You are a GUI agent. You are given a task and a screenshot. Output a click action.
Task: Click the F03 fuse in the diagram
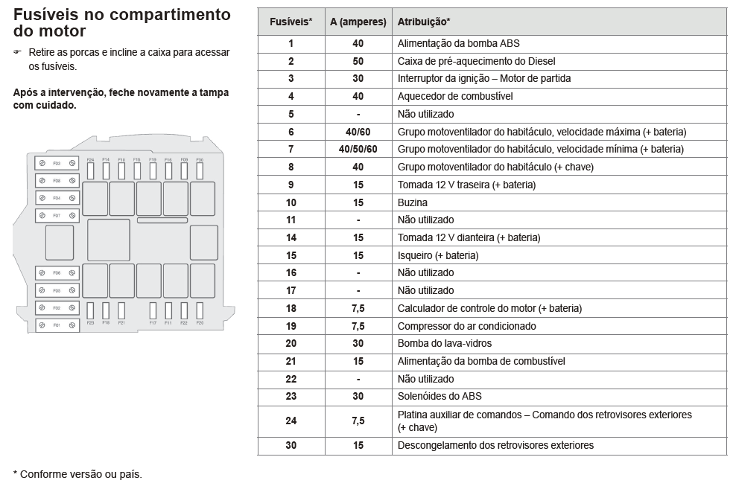pyautogui.click(x=57, y=162)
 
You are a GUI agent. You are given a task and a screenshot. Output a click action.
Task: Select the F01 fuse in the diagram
pyautogui.click(x=57, y=326)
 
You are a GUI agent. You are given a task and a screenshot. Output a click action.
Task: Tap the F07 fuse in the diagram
pyautogui.click(x=57, y=216)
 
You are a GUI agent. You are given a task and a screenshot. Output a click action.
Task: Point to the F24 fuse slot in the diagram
pyautogui.click(x=91, y=170)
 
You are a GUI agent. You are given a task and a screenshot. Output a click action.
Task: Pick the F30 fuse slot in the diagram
pyautogui.click(x=200, y=170)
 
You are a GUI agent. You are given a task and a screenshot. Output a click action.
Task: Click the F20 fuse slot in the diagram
pyautogui.click(x=200, y=310)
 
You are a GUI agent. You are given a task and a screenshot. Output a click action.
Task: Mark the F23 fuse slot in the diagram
pyautogui.click(x=91, y=310)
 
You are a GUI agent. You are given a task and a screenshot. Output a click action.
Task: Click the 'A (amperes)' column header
pyautogui.click(x=358, y=22)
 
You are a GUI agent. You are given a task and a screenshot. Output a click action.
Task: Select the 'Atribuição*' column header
pyautogui.click(x=423, y=22)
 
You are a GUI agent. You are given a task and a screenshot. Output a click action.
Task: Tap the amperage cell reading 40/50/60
pyautogui.click(x=358, y=149)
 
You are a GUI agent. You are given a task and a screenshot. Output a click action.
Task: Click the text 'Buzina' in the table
pyautogui.click(x=413, y=202)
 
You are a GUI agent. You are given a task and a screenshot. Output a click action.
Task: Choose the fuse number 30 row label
pyautogui.click(x=291, y=445)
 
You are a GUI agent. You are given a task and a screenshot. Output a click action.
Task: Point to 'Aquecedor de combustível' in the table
pyautogui.click(x=455, y=96)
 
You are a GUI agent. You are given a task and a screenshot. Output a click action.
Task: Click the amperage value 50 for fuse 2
pyautogui.click(x=358, y=61)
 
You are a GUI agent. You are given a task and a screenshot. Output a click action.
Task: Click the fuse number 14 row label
pyautogui.click(x=291, y=237)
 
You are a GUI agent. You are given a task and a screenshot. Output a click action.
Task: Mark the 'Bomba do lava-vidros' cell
pyautogui.click(x=445, y=343)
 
